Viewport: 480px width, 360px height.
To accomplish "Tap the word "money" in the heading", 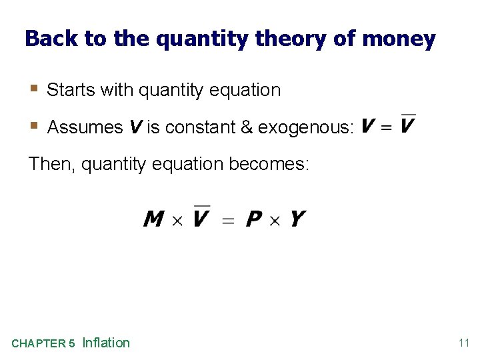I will (x=399, y=39).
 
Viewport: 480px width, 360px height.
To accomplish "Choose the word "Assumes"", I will (x=85, y=127).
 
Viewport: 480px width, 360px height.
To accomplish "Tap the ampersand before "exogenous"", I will (x=247, y=127).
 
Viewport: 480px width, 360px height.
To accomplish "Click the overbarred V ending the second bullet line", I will (x=407, y=125).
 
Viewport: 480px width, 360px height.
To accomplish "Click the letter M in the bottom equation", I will (x=154, y=219).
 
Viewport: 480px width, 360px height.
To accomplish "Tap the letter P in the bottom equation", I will (x=254, y=219).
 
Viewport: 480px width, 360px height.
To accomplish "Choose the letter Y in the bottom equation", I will (x=297, y=219).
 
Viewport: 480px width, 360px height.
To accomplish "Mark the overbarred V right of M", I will (x=201, y=217).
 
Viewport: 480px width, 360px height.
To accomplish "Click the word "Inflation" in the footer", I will (x=106, y=343).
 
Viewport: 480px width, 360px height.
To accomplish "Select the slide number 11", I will (x=464, y=343).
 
